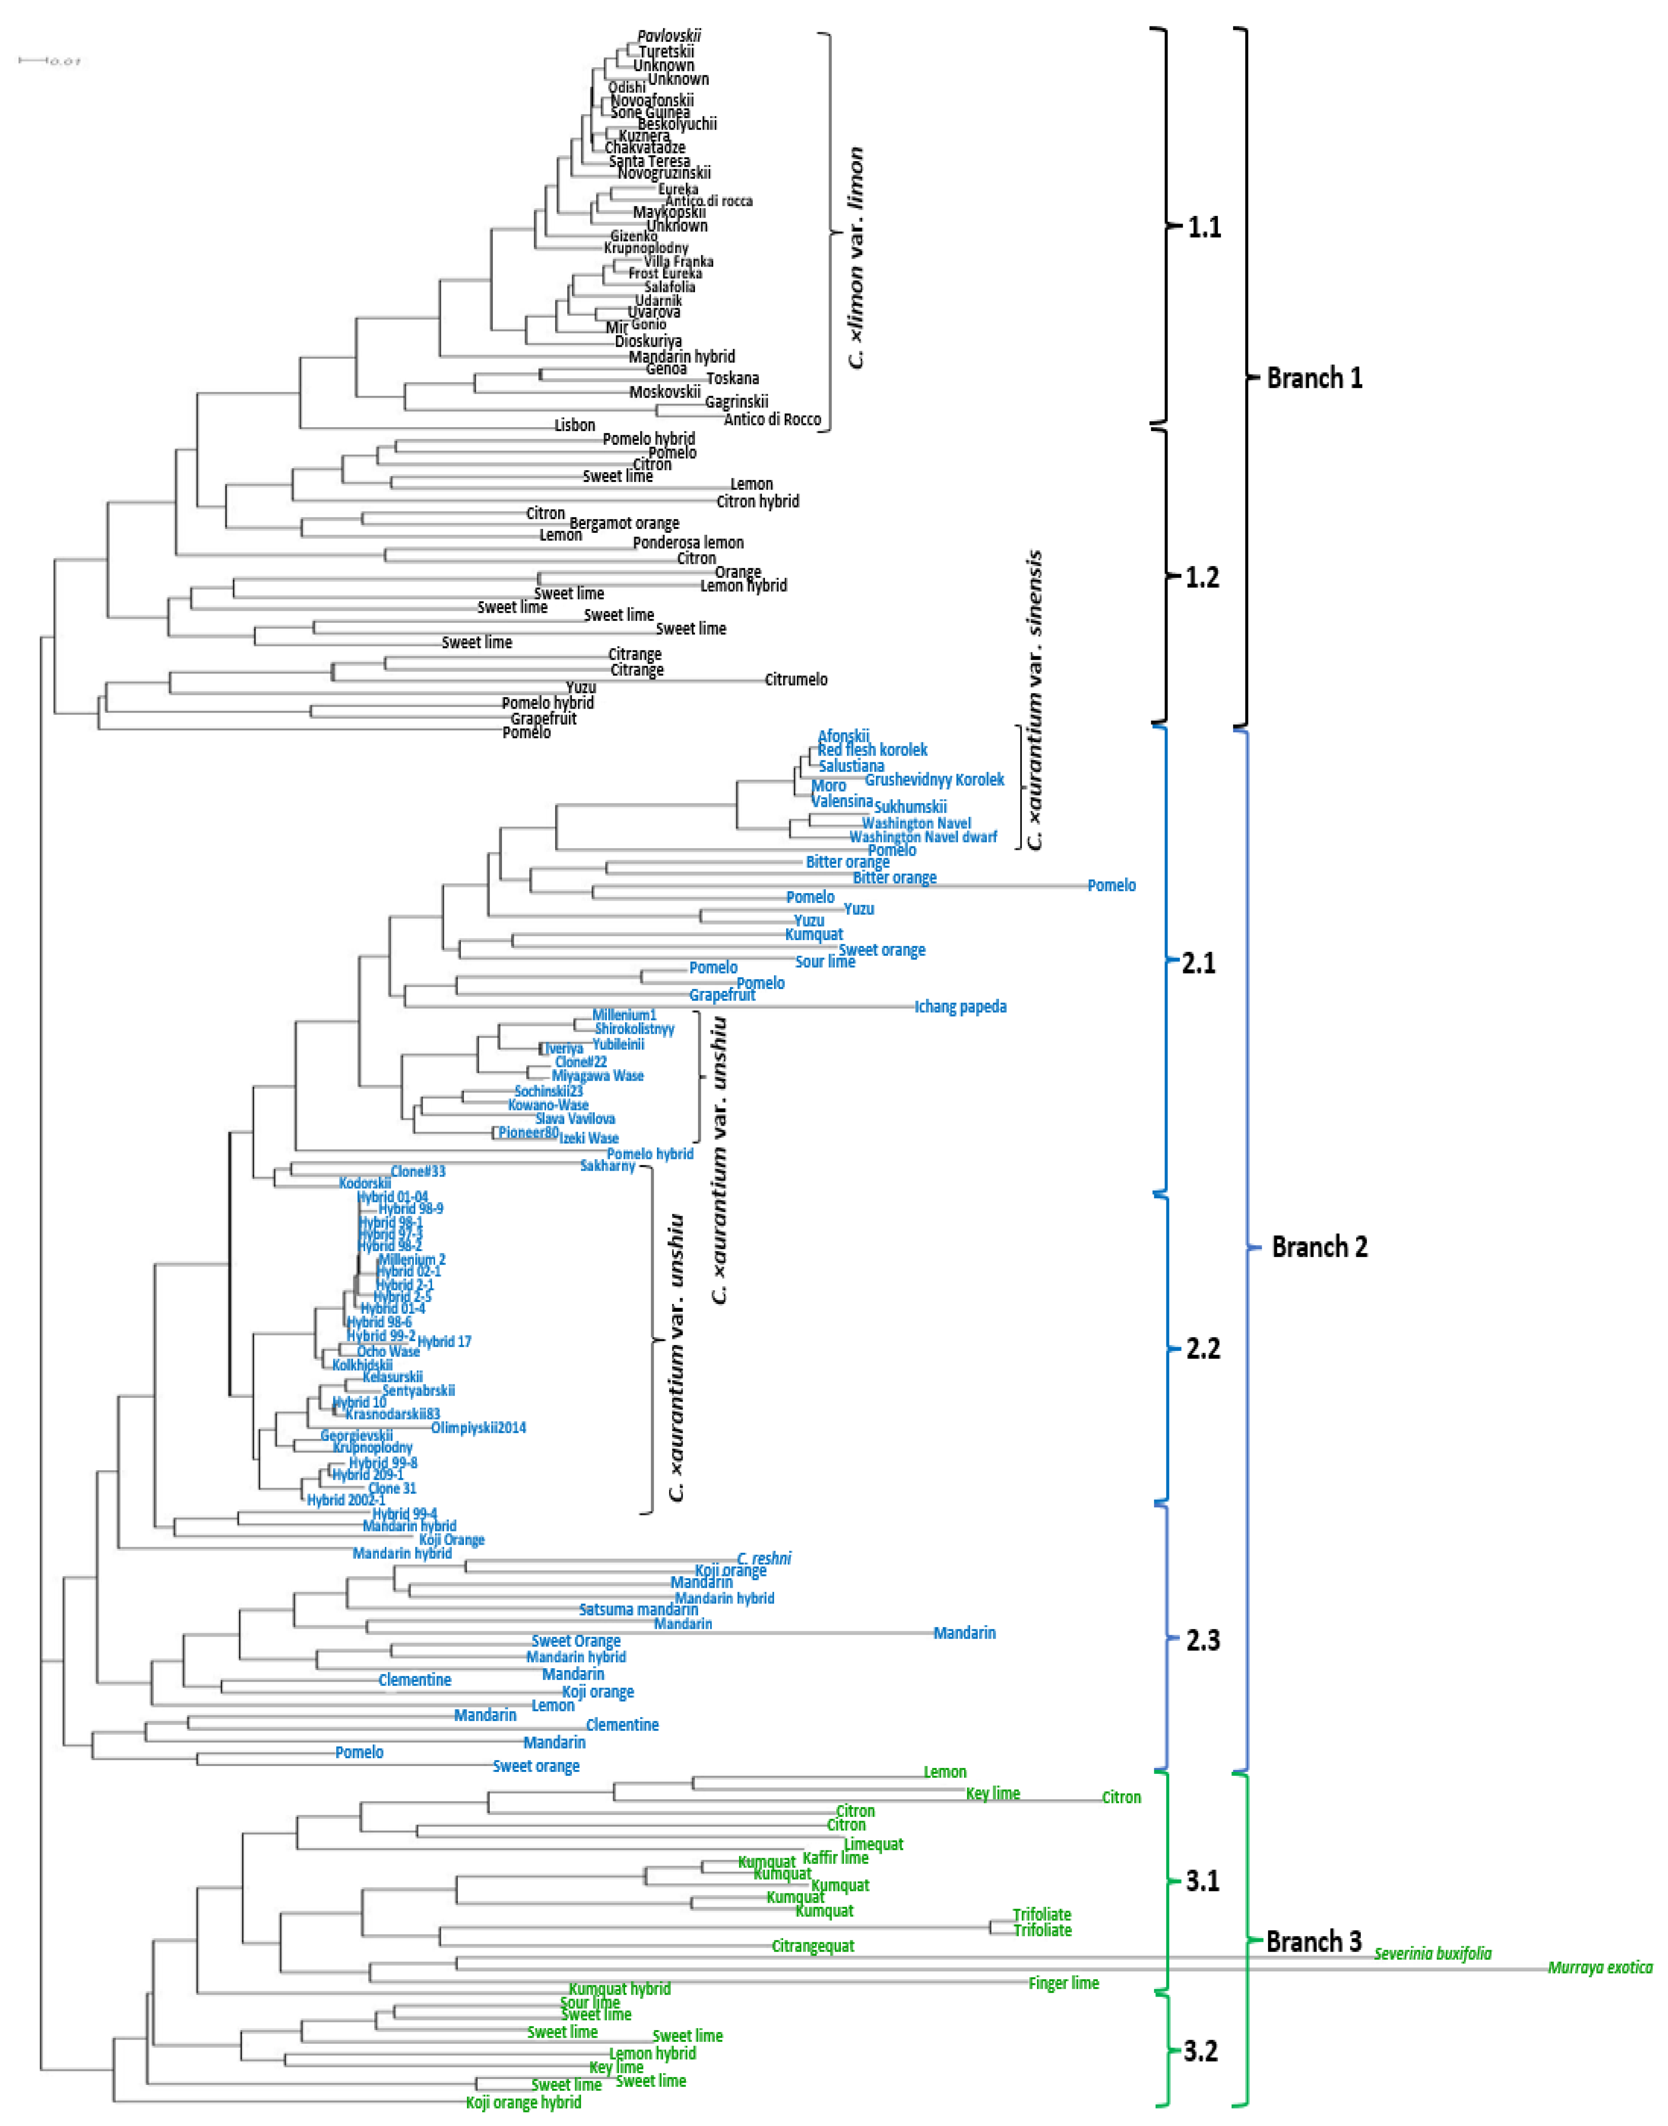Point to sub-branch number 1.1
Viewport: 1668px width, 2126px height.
[1204, 228]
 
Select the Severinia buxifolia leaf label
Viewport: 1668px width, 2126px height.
[1433, 1953]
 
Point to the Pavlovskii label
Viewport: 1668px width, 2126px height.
[669, 36]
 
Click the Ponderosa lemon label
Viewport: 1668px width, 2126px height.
[688, 543]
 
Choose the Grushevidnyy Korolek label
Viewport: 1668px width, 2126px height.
[935, 779]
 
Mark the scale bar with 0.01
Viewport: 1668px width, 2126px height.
[49, 61]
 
